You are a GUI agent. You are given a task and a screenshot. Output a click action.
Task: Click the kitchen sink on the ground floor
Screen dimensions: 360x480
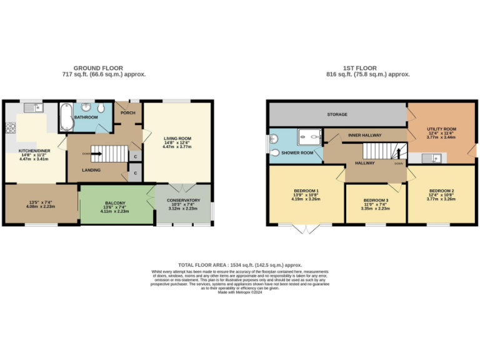tap(32, 109)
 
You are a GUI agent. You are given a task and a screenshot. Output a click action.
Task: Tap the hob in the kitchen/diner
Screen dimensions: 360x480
tap(10, 129)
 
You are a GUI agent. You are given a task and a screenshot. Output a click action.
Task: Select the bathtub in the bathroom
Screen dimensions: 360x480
tap(64, 117)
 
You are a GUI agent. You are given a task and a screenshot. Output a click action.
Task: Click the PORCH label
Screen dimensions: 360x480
tap(129, 113)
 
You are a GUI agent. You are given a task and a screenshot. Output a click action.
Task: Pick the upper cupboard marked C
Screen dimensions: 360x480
tap(135, 156)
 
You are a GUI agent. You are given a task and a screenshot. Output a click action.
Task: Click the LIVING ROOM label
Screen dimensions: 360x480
tap(177, 138)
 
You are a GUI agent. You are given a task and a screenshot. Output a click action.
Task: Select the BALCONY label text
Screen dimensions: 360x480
tap(115, 203)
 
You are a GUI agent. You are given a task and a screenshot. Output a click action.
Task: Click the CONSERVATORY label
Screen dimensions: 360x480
tap(184, 201)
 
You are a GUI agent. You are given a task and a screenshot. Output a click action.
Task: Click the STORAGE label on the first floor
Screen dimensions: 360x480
tap(337, 115)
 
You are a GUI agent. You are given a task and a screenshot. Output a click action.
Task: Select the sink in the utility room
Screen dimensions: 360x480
tap(428, 157)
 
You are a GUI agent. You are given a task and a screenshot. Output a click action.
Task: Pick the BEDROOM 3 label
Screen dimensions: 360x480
tap(376, 200)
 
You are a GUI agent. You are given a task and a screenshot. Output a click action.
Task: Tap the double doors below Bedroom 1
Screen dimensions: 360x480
tap(306, 229)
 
